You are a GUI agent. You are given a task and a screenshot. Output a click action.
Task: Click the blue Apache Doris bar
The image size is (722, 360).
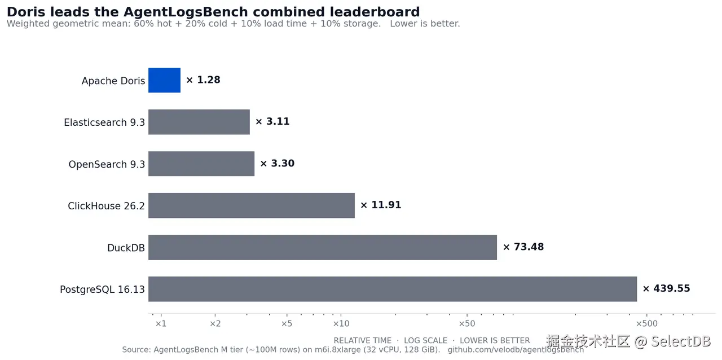pyautogui.click(x=164, y=80)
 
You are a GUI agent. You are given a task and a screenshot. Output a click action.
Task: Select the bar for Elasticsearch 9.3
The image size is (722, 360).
pyautogui.click(x=199, y=122)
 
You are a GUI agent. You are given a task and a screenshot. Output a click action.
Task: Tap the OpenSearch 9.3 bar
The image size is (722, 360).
pyautogui.click(x=201, y=164)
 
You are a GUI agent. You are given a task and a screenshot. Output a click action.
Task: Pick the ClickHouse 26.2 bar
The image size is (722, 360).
pyautogui.click(x=252, y=205)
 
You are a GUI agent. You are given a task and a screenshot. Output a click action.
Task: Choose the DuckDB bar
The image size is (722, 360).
pyautogui.click(x=323, y=247)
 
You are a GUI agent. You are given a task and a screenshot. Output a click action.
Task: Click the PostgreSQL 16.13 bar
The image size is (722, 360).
pyautogui.click(x=393, y=289)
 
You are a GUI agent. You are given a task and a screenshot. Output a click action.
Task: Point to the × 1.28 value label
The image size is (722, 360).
pyautogui.click(x=204, y=80)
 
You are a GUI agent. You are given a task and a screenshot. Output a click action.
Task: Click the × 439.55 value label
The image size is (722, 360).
pyautogui.click(x=667, y=288)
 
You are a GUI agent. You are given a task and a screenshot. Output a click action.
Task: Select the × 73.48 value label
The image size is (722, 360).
pyautogui.click(x=523, y=247)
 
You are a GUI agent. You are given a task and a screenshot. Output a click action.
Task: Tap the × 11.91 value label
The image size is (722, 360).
pyautogui.click(x=381, y=205)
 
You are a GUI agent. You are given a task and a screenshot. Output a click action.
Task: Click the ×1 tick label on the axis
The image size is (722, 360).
pyautogui.click(x=161, y=323)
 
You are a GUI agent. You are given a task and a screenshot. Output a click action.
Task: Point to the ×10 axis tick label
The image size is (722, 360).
pyautogui.click(x=341, y=323)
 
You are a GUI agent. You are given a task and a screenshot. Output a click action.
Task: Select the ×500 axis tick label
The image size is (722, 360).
pyautogui.click(x=646, y=323)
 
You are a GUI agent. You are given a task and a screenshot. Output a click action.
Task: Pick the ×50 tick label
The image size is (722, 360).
pyautogui.click(x=466, y=323)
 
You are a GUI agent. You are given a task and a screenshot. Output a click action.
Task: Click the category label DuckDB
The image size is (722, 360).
pyautogui.click(x=126, y=248)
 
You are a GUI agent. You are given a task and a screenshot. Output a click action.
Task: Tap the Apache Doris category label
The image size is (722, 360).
pyautogui.click(x=113, y=81)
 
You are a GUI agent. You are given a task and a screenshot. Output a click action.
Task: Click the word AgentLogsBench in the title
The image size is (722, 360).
pyautogui.click(x=186, y=12)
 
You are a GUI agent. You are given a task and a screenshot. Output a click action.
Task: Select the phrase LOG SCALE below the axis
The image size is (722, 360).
pyautogui.click(x=425, y=341)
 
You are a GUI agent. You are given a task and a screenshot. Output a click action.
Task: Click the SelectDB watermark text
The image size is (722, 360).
pyautogui.click(x=681, y=341)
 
